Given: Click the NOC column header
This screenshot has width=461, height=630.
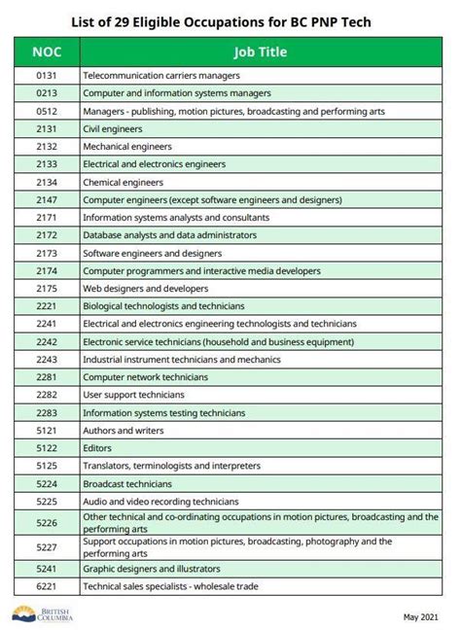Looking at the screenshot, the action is (x=47, y=52).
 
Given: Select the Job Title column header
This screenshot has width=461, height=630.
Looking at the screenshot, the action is (x=259, y=52).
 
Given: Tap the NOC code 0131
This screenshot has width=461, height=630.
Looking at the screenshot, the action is (x=47, y=75).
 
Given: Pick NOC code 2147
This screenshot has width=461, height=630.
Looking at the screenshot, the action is (x=47, y=199).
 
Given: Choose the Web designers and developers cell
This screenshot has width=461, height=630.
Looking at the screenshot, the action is (x=145, y=288).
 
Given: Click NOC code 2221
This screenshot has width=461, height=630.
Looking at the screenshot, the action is (x=47, y=305).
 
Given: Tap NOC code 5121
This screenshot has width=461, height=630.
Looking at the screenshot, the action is (x=47, y=430).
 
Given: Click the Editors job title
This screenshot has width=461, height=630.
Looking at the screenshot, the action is (x=97, y=447).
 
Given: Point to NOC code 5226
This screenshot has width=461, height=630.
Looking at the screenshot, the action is (x=47, y=522).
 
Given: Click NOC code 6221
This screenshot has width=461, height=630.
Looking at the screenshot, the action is (x=47, y=586).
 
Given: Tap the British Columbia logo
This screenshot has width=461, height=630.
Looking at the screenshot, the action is (x=43, y=614).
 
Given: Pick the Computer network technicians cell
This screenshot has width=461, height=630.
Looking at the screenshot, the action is (x=145, y=376).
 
